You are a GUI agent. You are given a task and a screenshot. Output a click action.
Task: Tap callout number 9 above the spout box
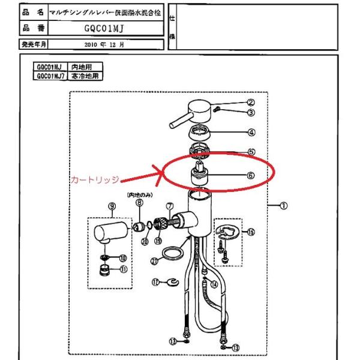coord(111,206)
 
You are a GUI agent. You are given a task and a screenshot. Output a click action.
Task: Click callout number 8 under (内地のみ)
coord(139,204)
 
